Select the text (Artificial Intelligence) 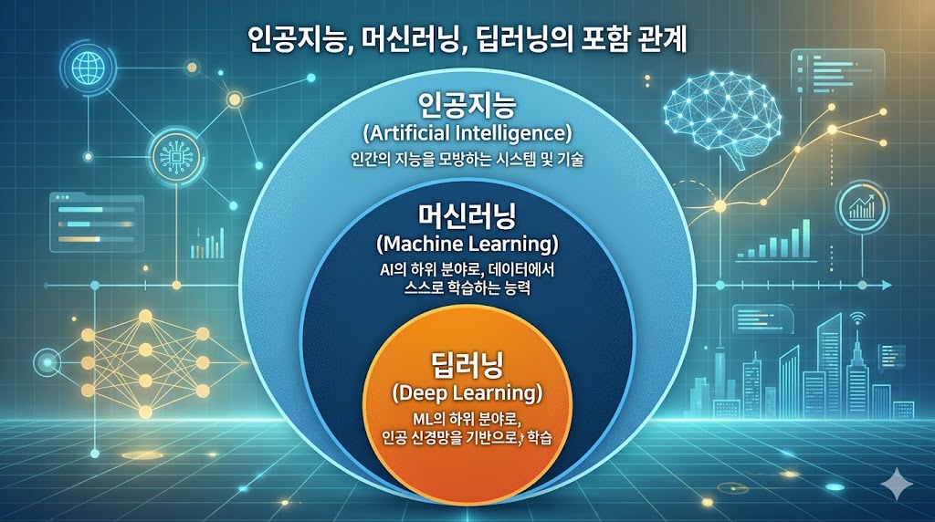point(467,133)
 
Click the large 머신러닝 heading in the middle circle point(467,216)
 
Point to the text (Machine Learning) point(467,245)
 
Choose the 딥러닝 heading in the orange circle point(467,365)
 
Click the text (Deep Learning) point(467,393)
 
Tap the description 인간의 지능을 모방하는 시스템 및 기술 point(467,160)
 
